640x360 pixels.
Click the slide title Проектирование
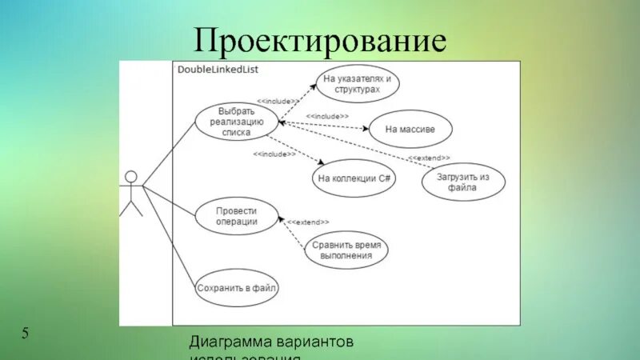(319, 40)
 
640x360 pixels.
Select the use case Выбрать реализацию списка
(237, 122)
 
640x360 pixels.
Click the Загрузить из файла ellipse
(463, 182)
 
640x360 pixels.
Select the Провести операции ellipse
(237, 216)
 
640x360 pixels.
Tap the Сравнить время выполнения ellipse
(346, 250)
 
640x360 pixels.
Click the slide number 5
(25, 333)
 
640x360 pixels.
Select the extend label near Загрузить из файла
(429, 158)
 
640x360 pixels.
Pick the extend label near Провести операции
(308, 221)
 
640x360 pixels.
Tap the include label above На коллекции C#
(274, 153)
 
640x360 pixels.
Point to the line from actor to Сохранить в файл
(168, 232)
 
